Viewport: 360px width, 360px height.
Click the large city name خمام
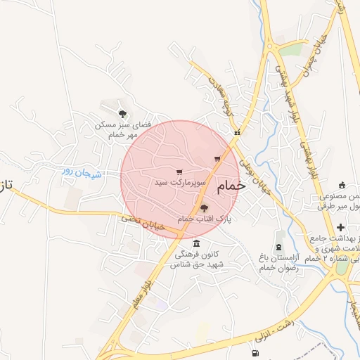click(231, 186)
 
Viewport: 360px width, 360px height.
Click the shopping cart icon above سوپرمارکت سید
click(179, 171)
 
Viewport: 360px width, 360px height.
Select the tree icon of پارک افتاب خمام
click(204, 207)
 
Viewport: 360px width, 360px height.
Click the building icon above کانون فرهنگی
click(196, 243)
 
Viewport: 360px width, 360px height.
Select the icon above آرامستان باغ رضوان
click(280, 247)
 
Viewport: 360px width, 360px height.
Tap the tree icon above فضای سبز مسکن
click(123, 112)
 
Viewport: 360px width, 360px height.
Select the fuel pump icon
click(254, 353)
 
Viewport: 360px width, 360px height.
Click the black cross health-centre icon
click(341, 227)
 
